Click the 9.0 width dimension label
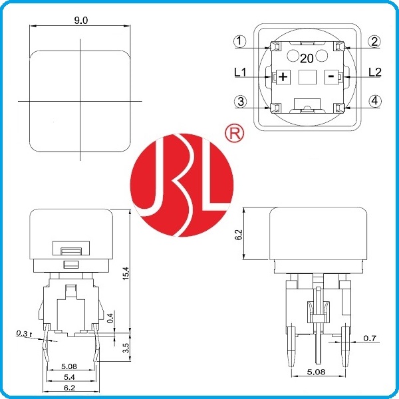point(81,21)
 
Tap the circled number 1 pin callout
point(239,41)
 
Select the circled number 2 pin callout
point(374,41)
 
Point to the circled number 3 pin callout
point(240,101)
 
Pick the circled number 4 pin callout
point(375,101)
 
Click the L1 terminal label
point(240,72)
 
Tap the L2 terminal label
point(375,72)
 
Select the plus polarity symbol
point(283,76)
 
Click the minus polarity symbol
point(331,76)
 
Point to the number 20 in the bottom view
point(307,59)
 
